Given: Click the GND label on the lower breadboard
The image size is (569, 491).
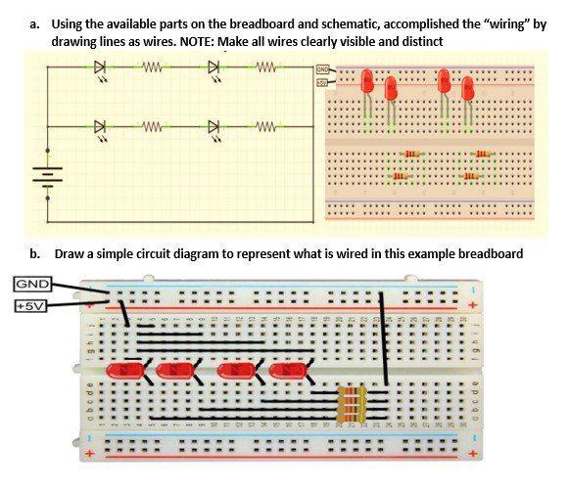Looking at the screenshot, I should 27,286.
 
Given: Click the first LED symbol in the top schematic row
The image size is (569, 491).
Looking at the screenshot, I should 100,68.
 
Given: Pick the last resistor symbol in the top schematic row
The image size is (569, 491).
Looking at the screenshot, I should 262,68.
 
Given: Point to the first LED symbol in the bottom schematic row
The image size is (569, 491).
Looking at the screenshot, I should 100,126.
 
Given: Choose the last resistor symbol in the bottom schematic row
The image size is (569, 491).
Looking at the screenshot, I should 262,126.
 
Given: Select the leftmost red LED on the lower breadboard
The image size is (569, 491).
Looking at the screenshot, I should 124,371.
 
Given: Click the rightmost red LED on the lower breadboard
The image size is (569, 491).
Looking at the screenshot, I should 287,371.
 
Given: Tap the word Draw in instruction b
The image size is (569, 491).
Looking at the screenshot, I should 68,253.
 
